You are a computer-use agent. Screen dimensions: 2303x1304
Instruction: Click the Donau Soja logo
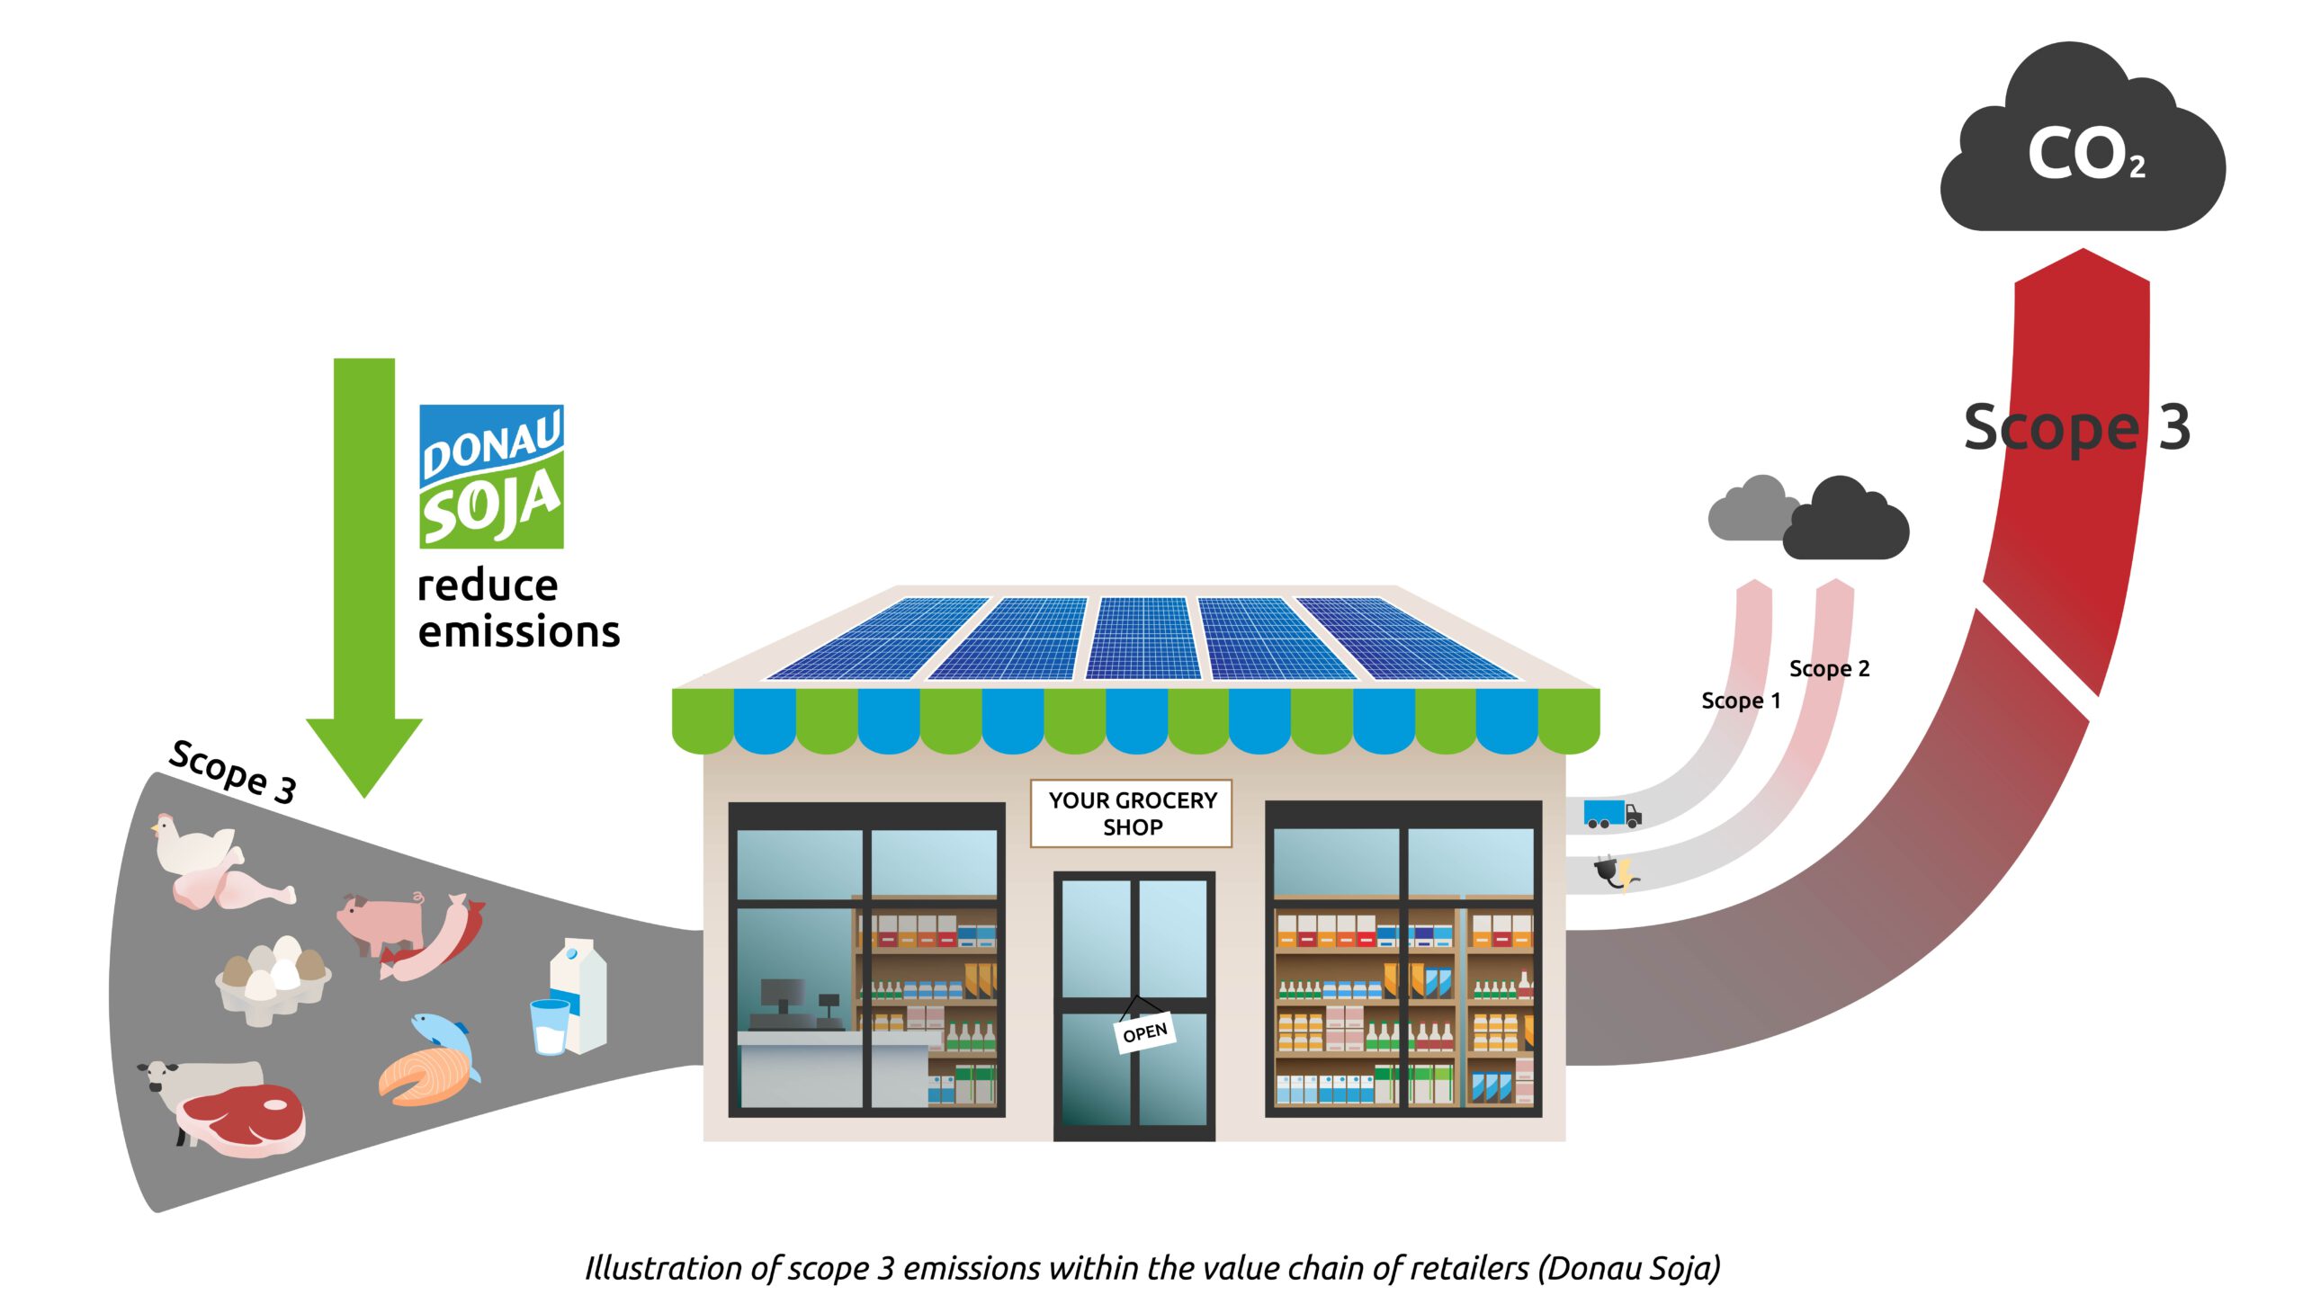491,476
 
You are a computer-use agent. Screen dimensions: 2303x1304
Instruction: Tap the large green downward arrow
364,576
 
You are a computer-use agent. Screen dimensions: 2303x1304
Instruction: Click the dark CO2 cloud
2083,139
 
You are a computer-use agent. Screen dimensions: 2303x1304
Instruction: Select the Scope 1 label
1741,701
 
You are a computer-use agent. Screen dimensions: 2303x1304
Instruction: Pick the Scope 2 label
1829,668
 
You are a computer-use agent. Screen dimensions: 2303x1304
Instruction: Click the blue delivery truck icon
1612,814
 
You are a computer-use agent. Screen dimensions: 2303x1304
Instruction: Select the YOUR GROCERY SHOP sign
1131,813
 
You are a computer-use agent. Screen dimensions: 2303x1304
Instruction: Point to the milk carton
580,994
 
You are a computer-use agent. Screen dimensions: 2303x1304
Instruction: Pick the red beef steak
241,1120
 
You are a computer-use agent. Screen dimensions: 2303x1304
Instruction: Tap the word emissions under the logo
519,631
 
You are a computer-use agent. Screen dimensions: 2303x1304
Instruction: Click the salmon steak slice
425,1076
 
